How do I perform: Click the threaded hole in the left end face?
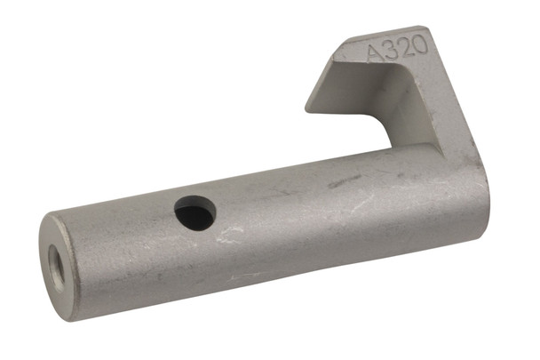click(x=58, y=259)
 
